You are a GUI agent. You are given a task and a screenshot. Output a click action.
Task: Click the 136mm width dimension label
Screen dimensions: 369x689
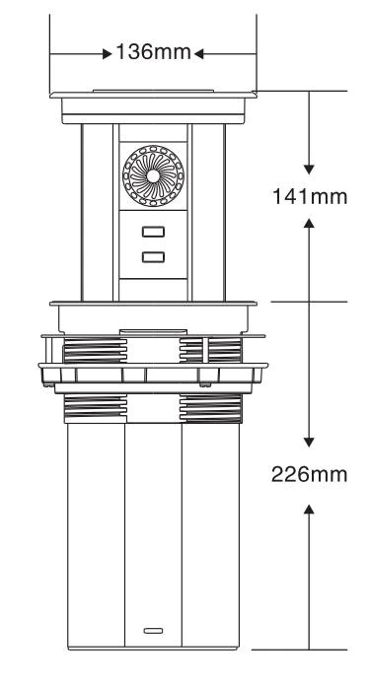point(153,52)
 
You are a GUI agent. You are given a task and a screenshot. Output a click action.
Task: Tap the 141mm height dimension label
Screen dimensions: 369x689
point(310,196)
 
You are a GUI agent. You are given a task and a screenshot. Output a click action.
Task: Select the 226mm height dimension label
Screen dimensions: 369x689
point(309,474)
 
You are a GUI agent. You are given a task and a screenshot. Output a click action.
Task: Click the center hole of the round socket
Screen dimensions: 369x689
point(153,175)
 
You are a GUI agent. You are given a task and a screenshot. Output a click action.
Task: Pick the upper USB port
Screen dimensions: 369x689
point(153,232)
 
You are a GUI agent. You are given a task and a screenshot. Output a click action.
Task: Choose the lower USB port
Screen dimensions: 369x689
point(153,257)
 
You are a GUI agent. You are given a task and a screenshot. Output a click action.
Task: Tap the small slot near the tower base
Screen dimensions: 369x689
point(153,631)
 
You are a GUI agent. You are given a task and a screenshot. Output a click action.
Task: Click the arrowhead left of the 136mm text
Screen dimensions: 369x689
point(107,54)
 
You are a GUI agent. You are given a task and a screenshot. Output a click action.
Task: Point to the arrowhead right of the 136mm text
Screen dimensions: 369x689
point(198,54)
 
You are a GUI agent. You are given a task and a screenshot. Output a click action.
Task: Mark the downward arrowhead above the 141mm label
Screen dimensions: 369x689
point(309,170)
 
